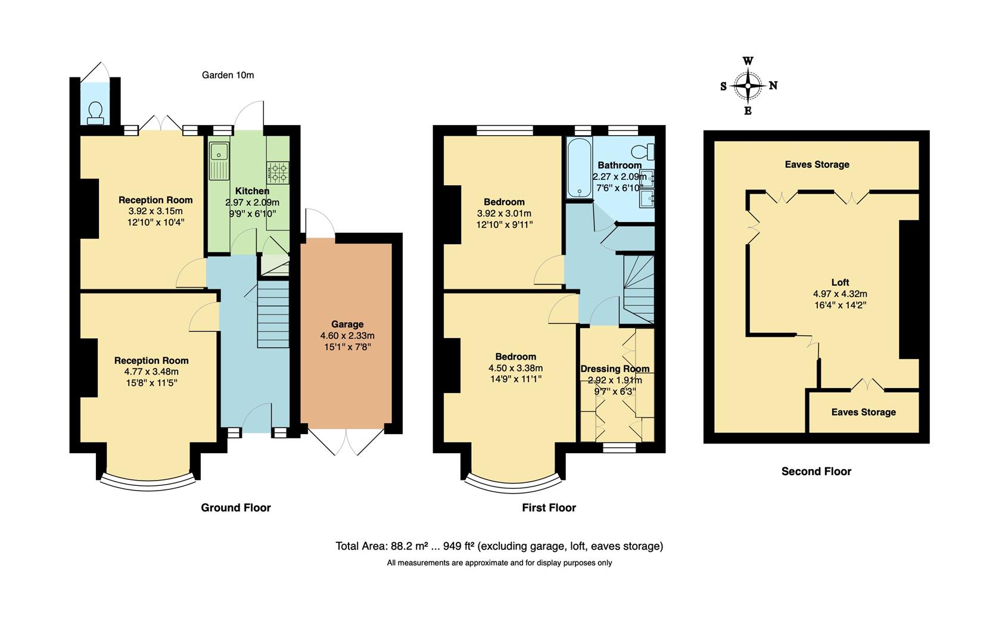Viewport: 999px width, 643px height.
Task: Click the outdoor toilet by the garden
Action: tap(95, 113)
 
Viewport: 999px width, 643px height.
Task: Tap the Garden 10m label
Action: tap(228, 75)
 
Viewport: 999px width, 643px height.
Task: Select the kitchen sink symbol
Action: tap(219, 161)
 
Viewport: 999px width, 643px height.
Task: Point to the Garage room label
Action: tap(347, 324)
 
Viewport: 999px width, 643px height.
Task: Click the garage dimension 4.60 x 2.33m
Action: tap(347, 336)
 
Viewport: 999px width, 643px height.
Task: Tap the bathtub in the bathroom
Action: tap(578, 168)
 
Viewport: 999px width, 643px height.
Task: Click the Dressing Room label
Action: tap(615, 369)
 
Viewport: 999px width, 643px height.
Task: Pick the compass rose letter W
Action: tap(748, 61)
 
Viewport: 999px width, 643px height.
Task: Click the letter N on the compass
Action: tap(773, 86)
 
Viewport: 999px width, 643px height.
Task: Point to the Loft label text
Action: tap(840, 282)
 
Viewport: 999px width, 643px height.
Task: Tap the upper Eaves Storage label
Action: tap(817, 165)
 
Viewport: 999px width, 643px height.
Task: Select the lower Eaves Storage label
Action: tap(863, 412)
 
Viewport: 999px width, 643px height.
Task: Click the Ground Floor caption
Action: tap(236, 508)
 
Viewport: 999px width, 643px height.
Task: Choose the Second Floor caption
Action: tap(816, 472)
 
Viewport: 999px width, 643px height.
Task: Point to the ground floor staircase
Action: tap(273, 316)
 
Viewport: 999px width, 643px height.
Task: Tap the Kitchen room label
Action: tap(252, 191)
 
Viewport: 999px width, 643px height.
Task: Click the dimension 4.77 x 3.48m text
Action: tap(151, 372)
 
